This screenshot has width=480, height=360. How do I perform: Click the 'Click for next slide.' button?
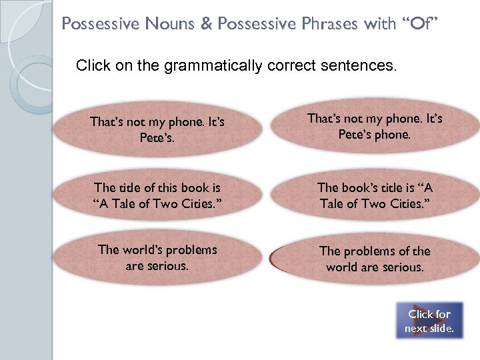click(429, 321)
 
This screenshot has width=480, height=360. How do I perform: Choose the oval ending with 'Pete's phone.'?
click(375, 126)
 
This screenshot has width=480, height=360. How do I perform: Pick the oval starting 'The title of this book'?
click(157, 195)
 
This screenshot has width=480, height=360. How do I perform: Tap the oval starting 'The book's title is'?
click(375, 195)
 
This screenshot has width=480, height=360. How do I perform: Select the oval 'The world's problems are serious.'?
click(157, 257)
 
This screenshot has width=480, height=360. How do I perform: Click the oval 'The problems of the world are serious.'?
click(375, 259)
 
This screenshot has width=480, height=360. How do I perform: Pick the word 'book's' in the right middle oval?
click(363, 188)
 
